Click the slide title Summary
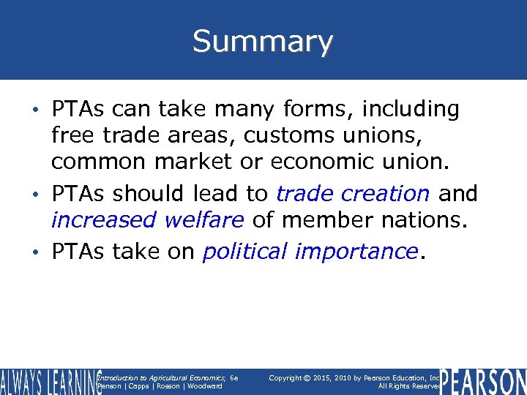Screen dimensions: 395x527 (x=263, y=42)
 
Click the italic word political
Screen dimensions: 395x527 (x=245, y=252)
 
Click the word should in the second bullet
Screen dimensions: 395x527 (x=152, y=194)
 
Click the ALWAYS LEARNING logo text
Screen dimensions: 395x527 (x=50, y=381)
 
